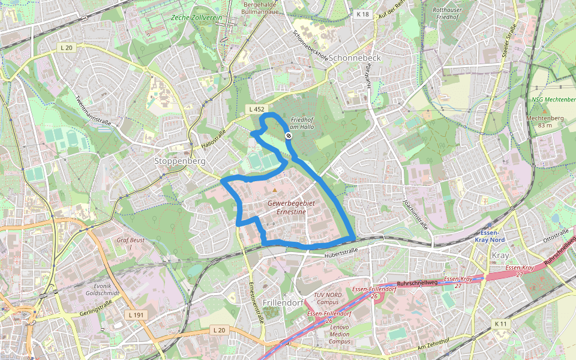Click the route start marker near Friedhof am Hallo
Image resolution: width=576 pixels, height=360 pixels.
click(289, 137)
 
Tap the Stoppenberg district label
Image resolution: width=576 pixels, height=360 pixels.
click(180, 161)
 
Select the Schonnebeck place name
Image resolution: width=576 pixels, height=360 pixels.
click(355, 58)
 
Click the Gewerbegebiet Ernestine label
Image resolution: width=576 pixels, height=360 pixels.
click(287, 208)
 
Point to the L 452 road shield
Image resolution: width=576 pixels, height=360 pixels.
click(256, 109)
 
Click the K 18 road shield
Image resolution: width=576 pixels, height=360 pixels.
click(361, 14)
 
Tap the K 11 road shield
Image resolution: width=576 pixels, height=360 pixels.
click(501, 323)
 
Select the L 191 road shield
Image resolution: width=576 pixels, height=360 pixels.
click(137, 314)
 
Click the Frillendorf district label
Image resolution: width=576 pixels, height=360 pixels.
click(283, 302)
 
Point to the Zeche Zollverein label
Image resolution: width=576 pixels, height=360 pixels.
click(196, 19)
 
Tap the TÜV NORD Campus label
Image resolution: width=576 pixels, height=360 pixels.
click(328, 298)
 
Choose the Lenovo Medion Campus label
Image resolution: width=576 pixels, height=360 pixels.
click(339, 334)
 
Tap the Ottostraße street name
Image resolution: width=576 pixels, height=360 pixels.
click(555, 233)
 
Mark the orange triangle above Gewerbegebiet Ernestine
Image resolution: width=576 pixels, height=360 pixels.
click(275, 190)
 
